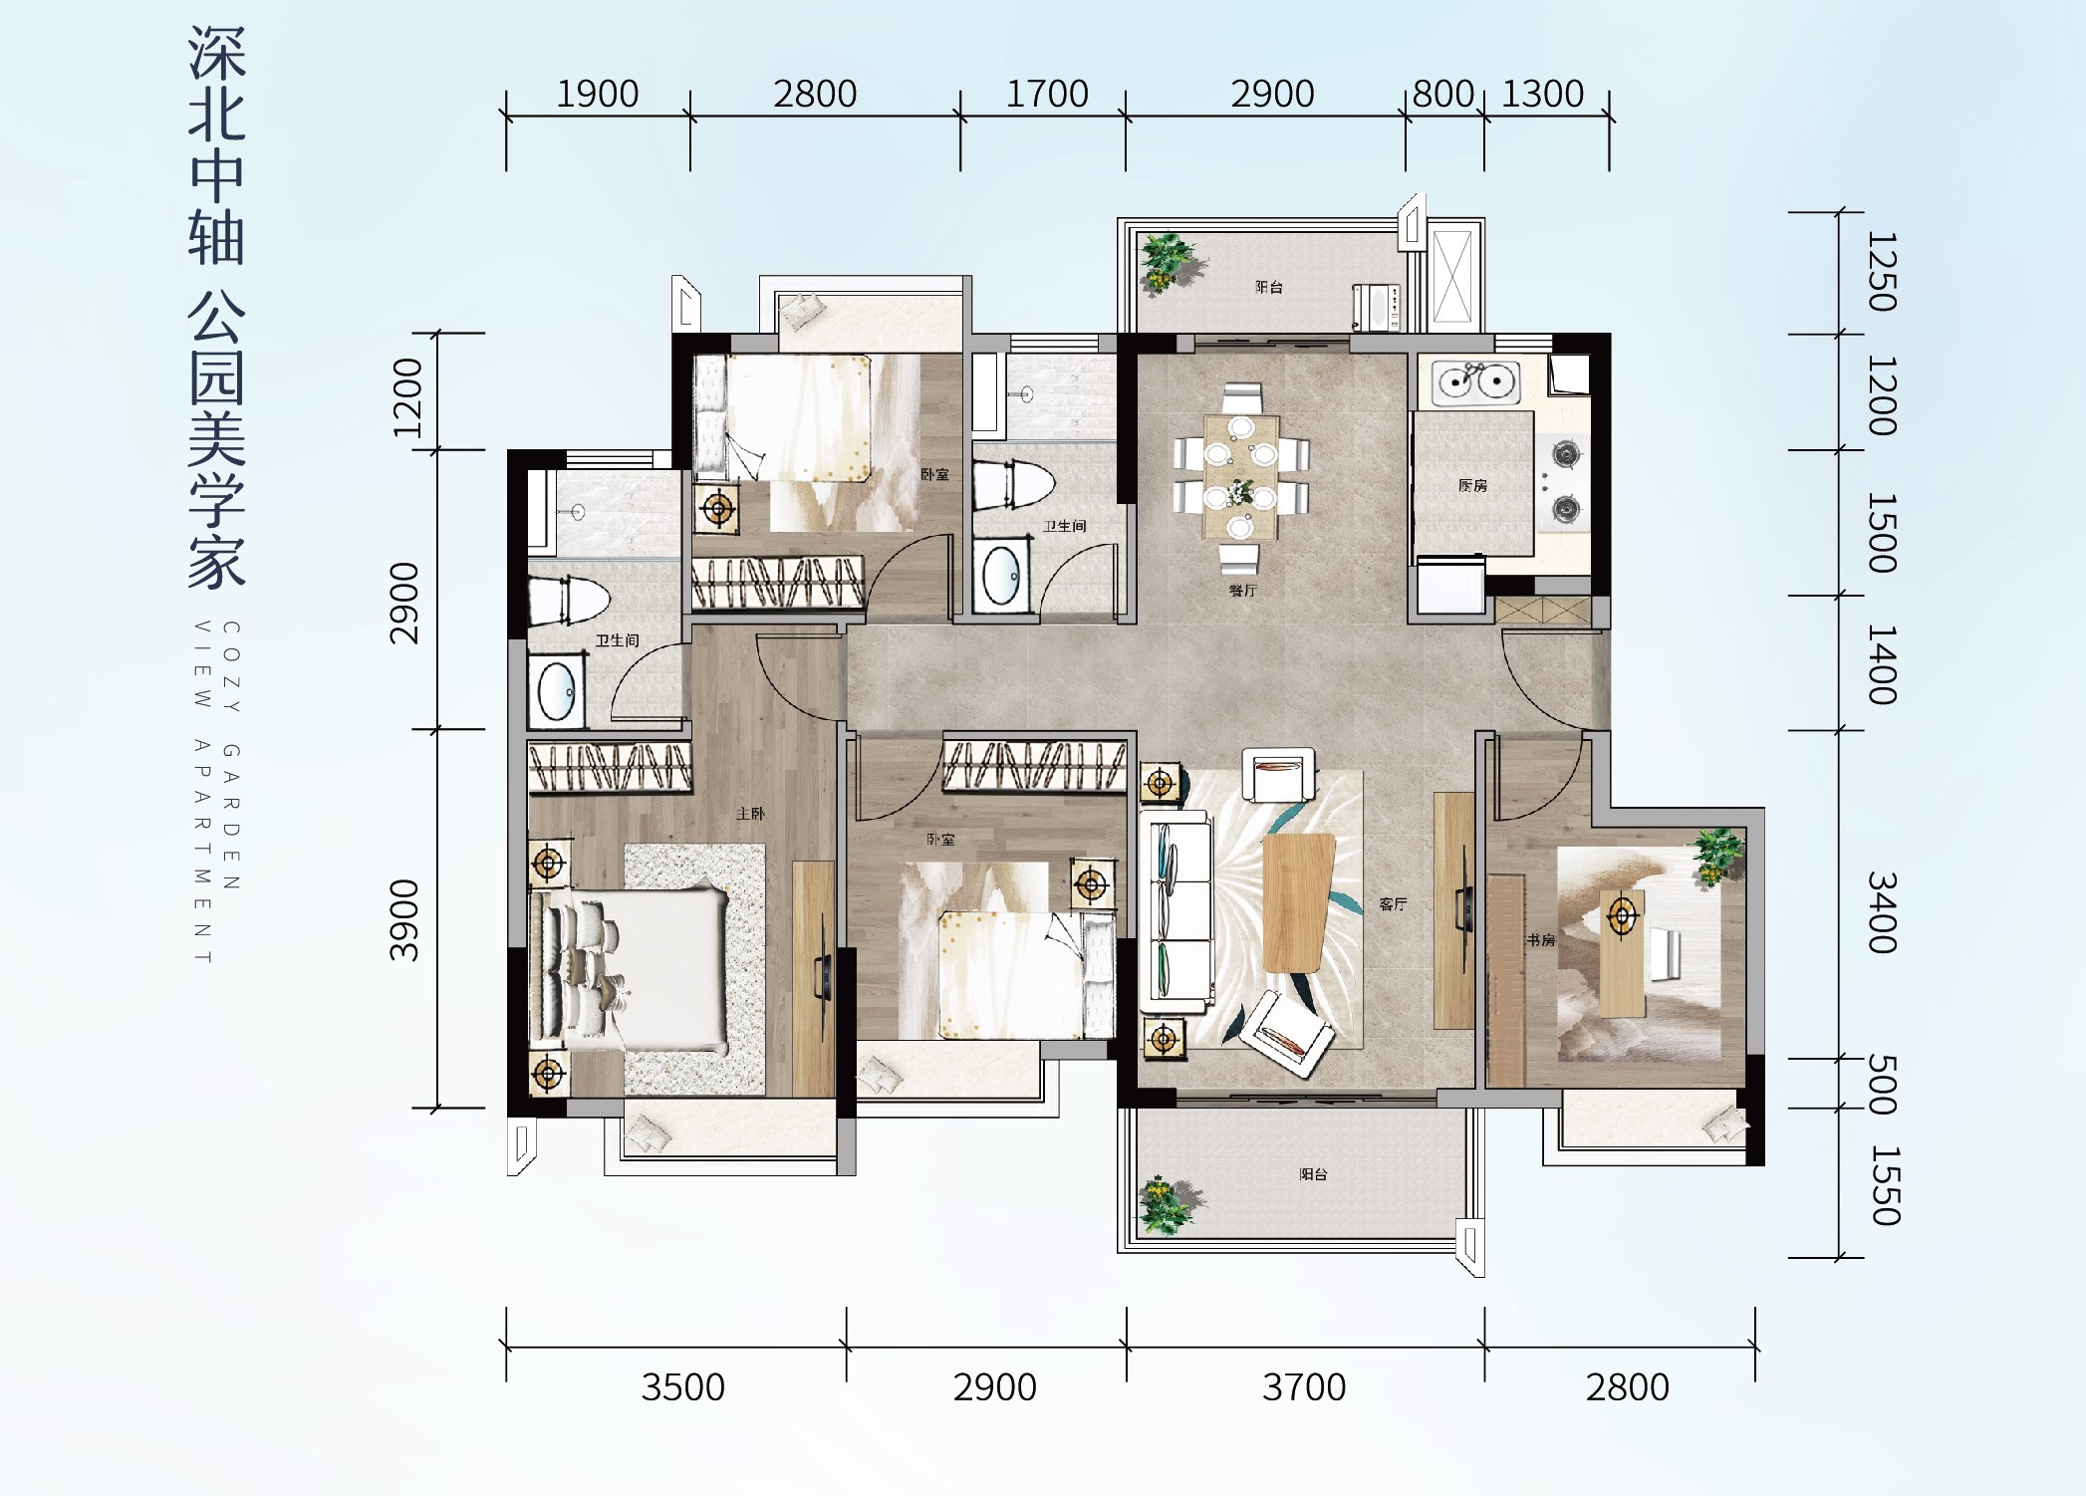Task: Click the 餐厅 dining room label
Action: (1242, 591)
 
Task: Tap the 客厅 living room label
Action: (1393, 904)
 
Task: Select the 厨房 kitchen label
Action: (1472, 486)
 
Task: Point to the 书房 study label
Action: (1540, 939)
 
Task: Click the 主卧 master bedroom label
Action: (750, 814)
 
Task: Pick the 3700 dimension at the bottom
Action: (1304, 1386)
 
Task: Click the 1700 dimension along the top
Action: (1047, 94)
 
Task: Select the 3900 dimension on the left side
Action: (404, 920)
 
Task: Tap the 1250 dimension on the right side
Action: (1881, 272)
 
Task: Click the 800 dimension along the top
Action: (1443, 94)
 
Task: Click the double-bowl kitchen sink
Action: (1475, 381)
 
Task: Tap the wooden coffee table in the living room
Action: (1298, 902)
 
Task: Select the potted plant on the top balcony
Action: (1169, 263)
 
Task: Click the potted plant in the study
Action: (1718, 856)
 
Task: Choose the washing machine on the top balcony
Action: (1377, 308)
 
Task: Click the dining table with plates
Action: (1240, 478)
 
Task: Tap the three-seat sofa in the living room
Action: (1180, 906)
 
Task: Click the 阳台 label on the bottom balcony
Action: (1313, 1174)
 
